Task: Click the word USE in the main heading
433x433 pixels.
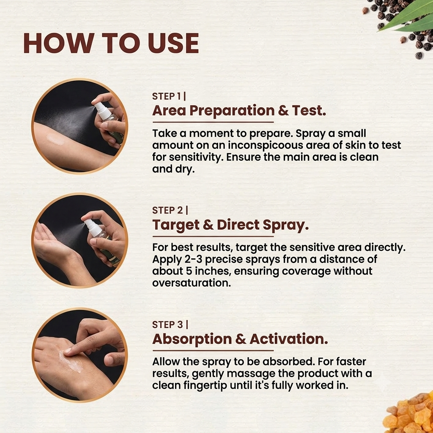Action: click(173, 43)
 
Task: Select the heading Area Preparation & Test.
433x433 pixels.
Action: click(239, 110)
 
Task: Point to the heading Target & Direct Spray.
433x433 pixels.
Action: click(230, 225)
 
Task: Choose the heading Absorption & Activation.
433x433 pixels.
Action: click(240, 339)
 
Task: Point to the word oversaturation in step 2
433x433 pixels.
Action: click(192, 283)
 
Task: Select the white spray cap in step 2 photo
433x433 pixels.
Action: click(91, 226)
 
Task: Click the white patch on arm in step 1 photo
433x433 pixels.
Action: click(55, 140)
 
